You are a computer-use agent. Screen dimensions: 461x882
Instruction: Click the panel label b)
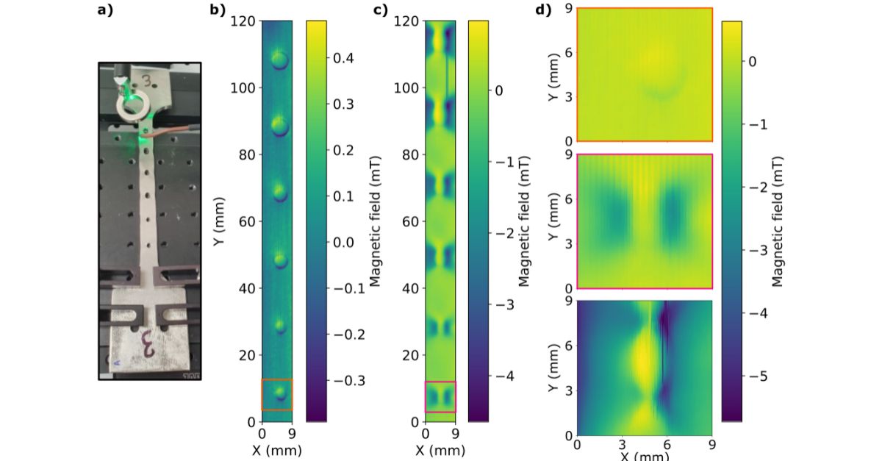[217, 10]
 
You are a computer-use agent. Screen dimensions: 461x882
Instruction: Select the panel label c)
[380, 10]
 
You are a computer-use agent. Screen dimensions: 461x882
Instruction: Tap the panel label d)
[543, 10]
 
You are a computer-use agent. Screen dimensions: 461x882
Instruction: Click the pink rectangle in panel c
[440, 396]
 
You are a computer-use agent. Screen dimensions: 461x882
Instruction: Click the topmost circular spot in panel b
[279, 60]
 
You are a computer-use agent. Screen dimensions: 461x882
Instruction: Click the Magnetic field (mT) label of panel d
[781, 221]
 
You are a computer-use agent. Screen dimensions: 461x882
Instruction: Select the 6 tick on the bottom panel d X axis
[667, 444]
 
